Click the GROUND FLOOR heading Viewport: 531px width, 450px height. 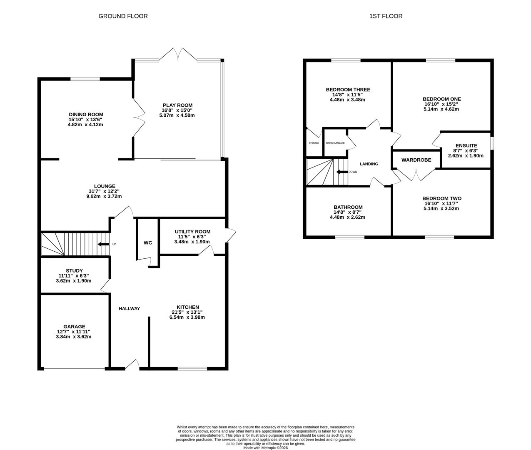click(123, 16)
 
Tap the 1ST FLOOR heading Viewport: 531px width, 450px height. click(386, 16)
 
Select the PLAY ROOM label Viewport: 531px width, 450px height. click(177, 105)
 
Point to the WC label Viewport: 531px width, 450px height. click(148, 242)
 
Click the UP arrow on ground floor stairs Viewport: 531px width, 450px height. click(101, 244)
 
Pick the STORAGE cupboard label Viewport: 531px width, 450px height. click(314, 143)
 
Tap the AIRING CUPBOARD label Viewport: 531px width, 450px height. click(335, 143)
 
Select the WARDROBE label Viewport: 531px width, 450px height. click(416, 160)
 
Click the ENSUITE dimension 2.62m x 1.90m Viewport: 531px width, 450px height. click(466, 155)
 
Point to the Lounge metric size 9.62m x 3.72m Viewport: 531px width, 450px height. click(104, 196)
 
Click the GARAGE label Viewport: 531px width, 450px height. click(74, 327)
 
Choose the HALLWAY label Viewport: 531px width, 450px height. click(129, 308)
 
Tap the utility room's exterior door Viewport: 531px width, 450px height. click(231, 236)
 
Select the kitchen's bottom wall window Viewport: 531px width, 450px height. click(192, 368)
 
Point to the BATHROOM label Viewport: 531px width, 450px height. click(348, 207)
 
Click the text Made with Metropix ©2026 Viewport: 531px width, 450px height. click(265, 448)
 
